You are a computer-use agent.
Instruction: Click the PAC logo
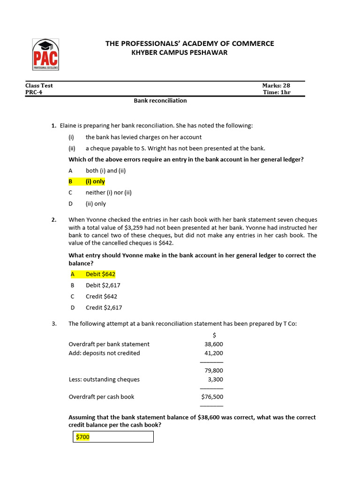pos(45,54)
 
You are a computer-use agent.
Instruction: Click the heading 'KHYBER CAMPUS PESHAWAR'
pos(180,52)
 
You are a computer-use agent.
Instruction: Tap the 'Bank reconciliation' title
pos(160,101)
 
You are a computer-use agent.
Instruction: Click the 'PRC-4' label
pos(33,92)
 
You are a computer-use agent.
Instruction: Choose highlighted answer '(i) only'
pos(95,181)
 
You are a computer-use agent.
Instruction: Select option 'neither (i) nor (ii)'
pos(108,193)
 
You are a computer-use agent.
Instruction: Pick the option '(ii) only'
pos(96,204)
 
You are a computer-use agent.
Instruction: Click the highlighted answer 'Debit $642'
pos(100,274)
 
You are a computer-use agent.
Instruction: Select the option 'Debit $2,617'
pos(103,285)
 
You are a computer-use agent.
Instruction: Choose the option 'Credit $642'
pos(101,297)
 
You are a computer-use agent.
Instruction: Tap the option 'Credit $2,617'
pos(104,308)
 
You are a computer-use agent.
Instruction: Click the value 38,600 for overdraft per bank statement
pos(214,344)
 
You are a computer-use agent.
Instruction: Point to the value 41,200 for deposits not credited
pos(214,353)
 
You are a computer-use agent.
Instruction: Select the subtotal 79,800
pos(214,370)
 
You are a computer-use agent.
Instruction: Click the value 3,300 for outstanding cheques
pos(215,379)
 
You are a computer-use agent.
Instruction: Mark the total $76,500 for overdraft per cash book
pos(212,397)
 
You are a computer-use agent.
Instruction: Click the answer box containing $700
pos(114,437)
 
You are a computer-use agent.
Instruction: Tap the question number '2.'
pos(54,219)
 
